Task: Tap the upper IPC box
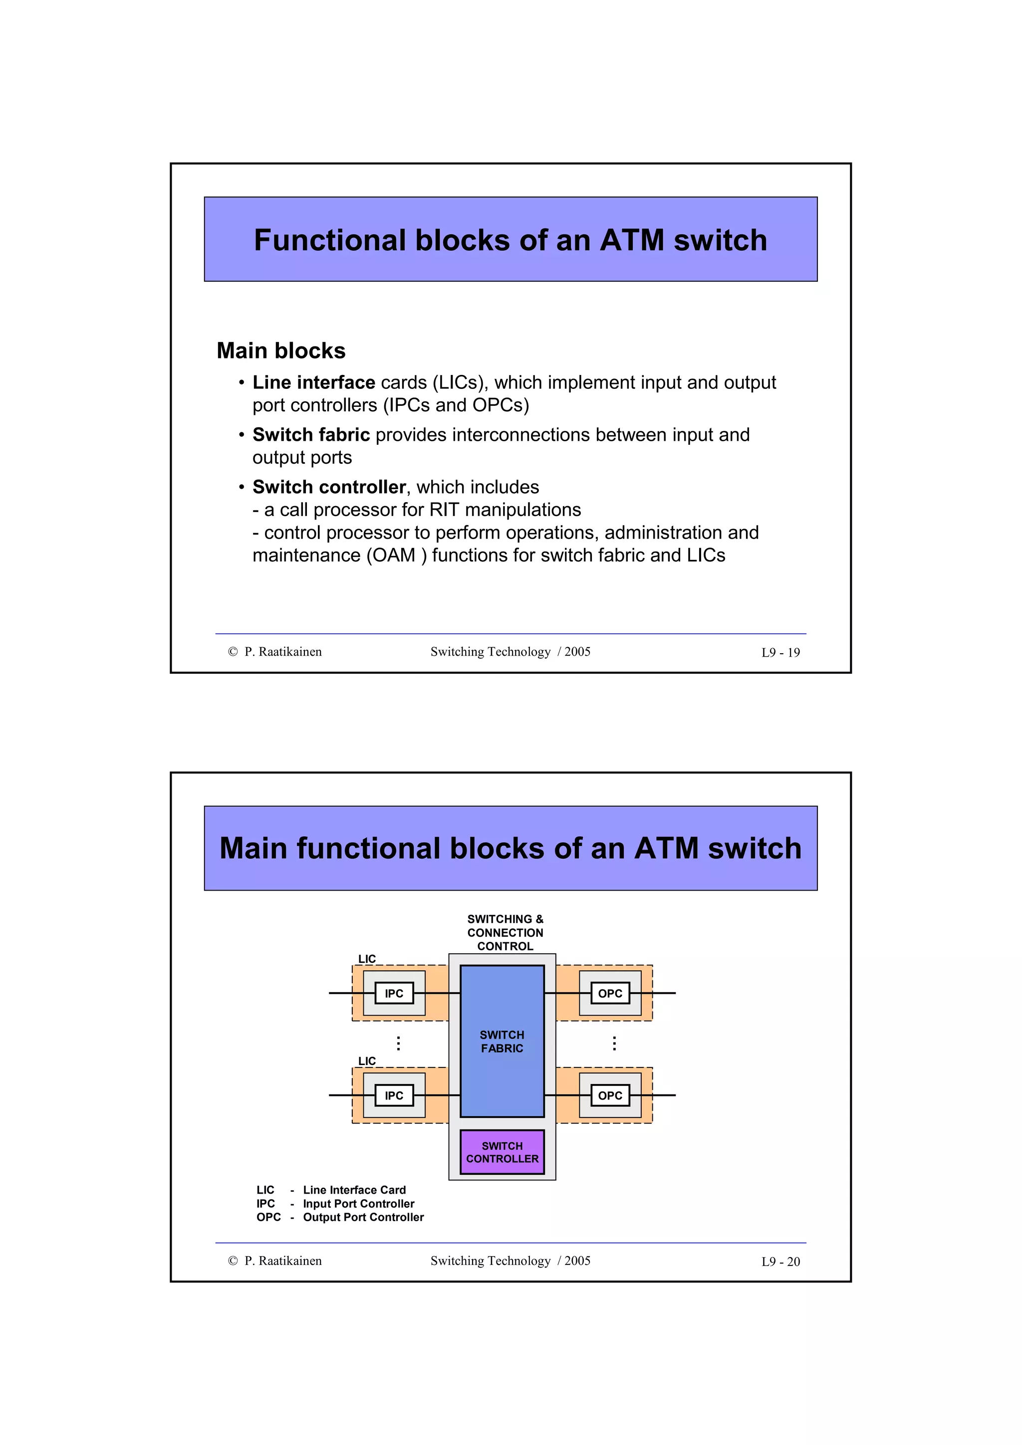coord(394,993)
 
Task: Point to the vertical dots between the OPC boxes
coord(615,1044)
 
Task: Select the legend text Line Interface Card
coord(354,1190)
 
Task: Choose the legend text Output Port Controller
coord(363,1217)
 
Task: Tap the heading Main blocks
coord(281,351)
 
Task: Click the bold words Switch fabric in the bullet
coord(311,435)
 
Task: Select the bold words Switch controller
coord(329,487)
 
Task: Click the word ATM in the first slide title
coord(632,240)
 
